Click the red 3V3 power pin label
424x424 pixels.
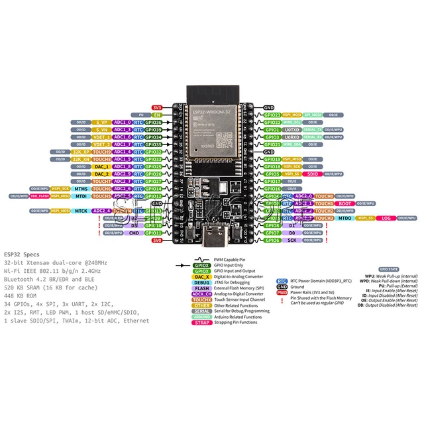point(157,107)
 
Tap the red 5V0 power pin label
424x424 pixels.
point(157,240)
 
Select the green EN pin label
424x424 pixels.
point(158,115)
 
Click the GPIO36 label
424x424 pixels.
point(153,123)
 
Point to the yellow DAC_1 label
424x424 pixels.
point(101,167)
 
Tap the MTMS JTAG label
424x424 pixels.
point(81,189)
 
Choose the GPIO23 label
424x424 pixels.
point(272,115)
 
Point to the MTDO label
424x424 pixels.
point(345,218)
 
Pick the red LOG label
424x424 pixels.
point(386,218)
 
